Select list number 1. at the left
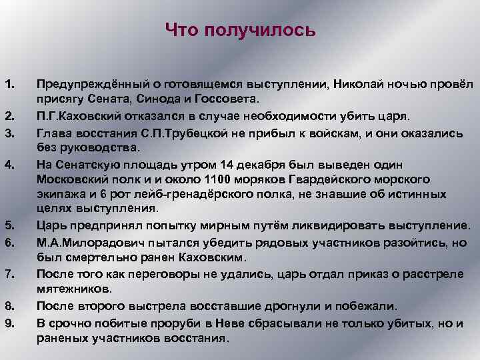(9, 85)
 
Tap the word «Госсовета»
(227, 99)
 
